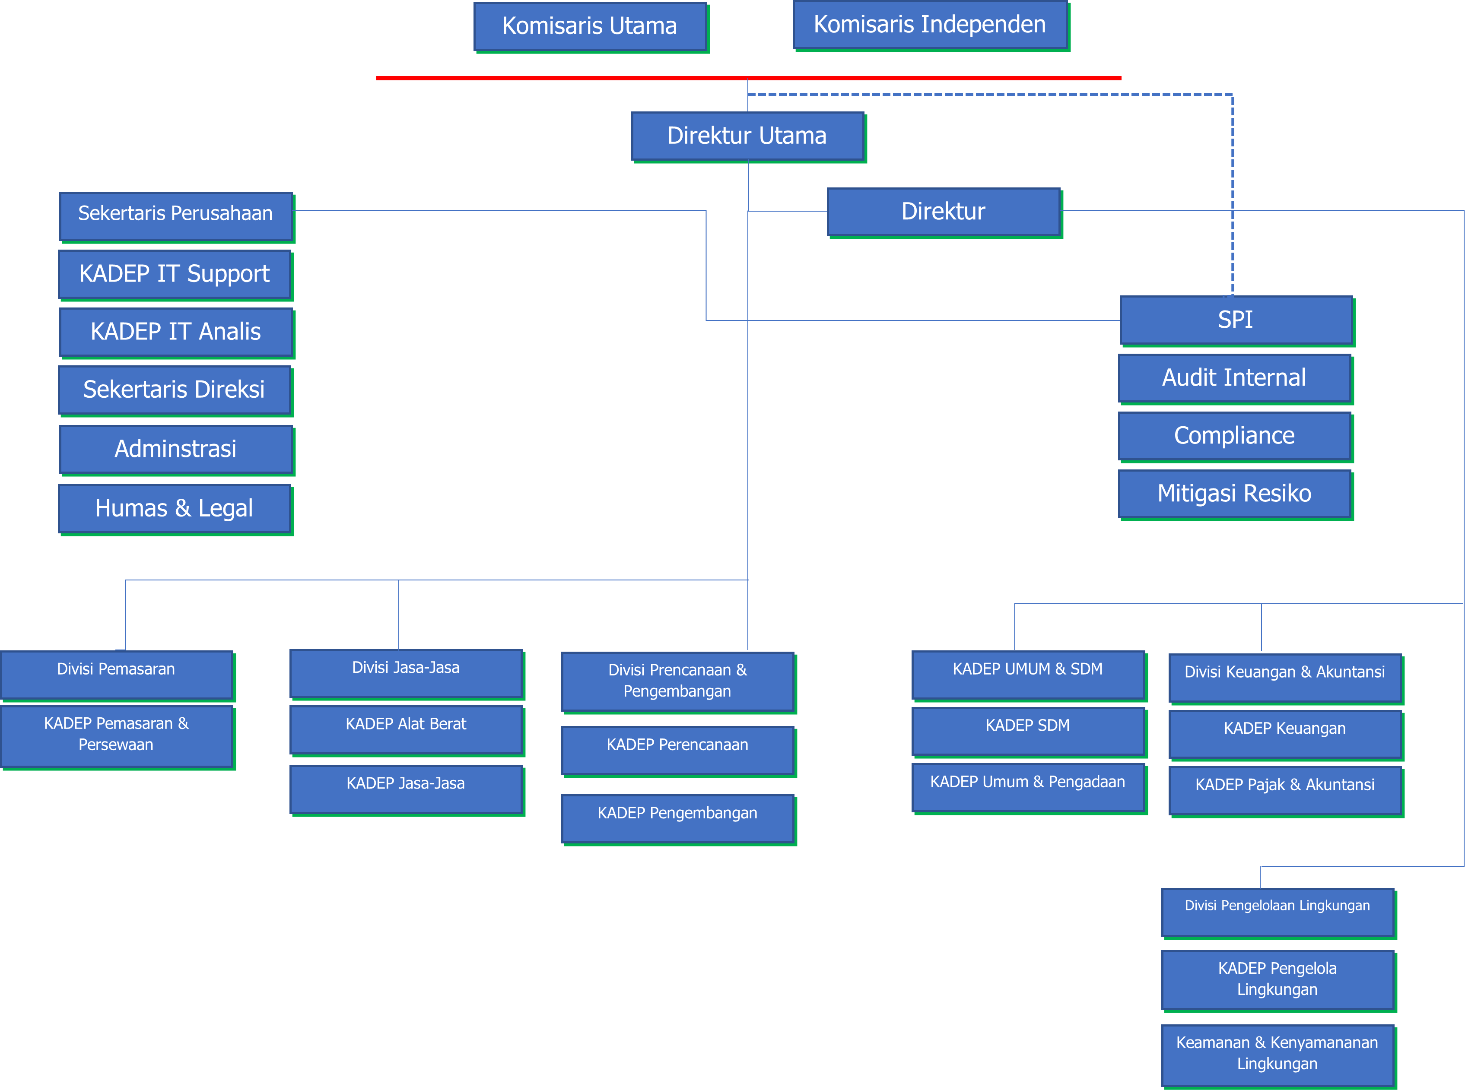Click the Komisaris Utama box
[590, 26]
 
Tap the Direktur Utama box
[747, 136]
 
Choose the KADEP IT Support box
[175, 274]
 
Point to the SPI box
[1235, 320]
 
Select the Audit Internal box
[1234, 378]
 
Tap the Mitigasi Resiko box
[1234, 494]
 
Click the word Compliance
[1234, 435]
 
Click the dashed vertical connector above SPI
[1232, 198]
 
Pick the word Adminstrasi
[175, 449]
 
